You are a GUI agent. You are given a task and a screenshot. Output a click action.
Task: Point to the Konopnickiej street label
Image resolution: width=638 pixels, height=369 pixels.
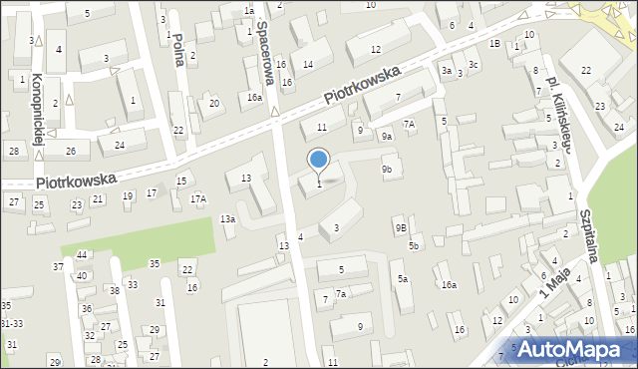[x=37, y=109]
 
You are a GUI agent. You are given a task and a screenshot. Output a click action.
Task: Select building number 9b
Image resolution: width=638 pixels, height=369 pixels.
[x=386, y=170]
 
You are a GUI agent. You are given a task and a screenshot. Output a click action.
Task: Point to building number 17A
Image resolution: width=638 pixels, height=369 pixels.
[x=198, y=199]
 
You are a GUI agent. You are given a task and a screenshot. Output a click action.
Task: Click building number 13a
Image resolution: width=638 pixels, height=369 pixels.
[x=227, y=219]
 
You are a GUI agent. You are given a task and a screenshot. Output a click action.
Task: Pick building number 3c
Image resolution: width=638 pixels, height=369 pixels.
[x=474, y=66]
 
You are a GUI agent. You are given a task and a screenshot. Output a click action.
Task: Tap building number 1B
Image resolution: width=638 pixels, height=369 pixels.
[x=494, y=44]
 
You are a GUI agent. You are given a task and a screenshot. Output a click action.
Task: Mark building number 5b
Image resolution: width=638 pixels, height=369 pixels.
[x=414, y=245]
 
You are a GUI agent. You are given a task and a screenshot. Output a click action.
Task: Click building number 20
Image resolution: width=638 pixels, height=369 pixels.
[x=213, y=104]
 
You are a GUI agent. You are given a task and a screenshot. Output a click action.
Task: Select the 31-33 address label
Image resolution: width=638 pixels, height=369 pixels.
[x=11, y=324]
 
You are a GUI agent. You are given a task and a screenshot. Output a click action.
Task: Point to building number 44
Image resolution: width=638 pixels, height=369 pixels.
[x=82, y=255]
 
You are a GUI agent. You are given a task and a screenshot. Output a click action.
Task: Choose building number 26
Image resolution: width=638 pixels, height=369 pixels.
[x=71, y=152]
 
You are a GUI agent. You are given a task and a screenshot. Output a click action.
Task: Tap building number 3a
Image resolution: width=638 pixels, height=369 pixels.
[x=448, y=71]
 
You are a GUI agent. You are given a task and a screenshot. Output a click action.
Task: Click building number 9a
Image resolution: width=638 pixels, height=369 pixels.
[x=387, y=136]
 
